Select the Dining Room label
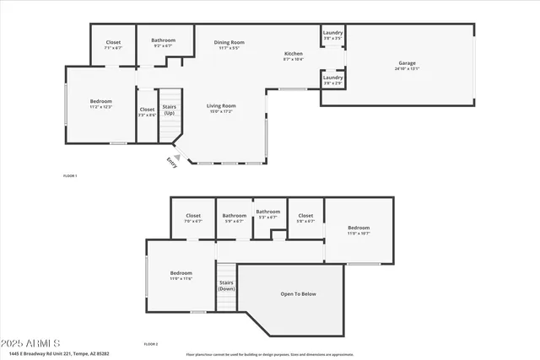click(x=229, y=45)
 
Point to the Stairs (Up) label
click(x=169, y=110)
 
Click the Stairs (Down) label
click(x=226, y=286)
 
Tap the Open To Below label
click(x=298, y=294)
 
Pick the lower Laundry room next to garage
click(x=332, y=80)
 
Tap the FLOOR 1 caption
click(x=70, y=175)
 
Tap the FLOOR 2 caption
click(x=151, y=344)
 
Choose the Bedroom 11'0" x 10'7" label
click(x=359, y=230)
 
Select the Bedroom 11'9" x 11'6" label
click(x=181, y=276)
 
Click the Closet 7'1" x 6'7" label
click(x=112, y=46)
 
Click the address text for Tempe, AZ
click(x=64, y=353)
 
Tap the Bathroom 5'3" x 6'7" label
click(x=267, y=214)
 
